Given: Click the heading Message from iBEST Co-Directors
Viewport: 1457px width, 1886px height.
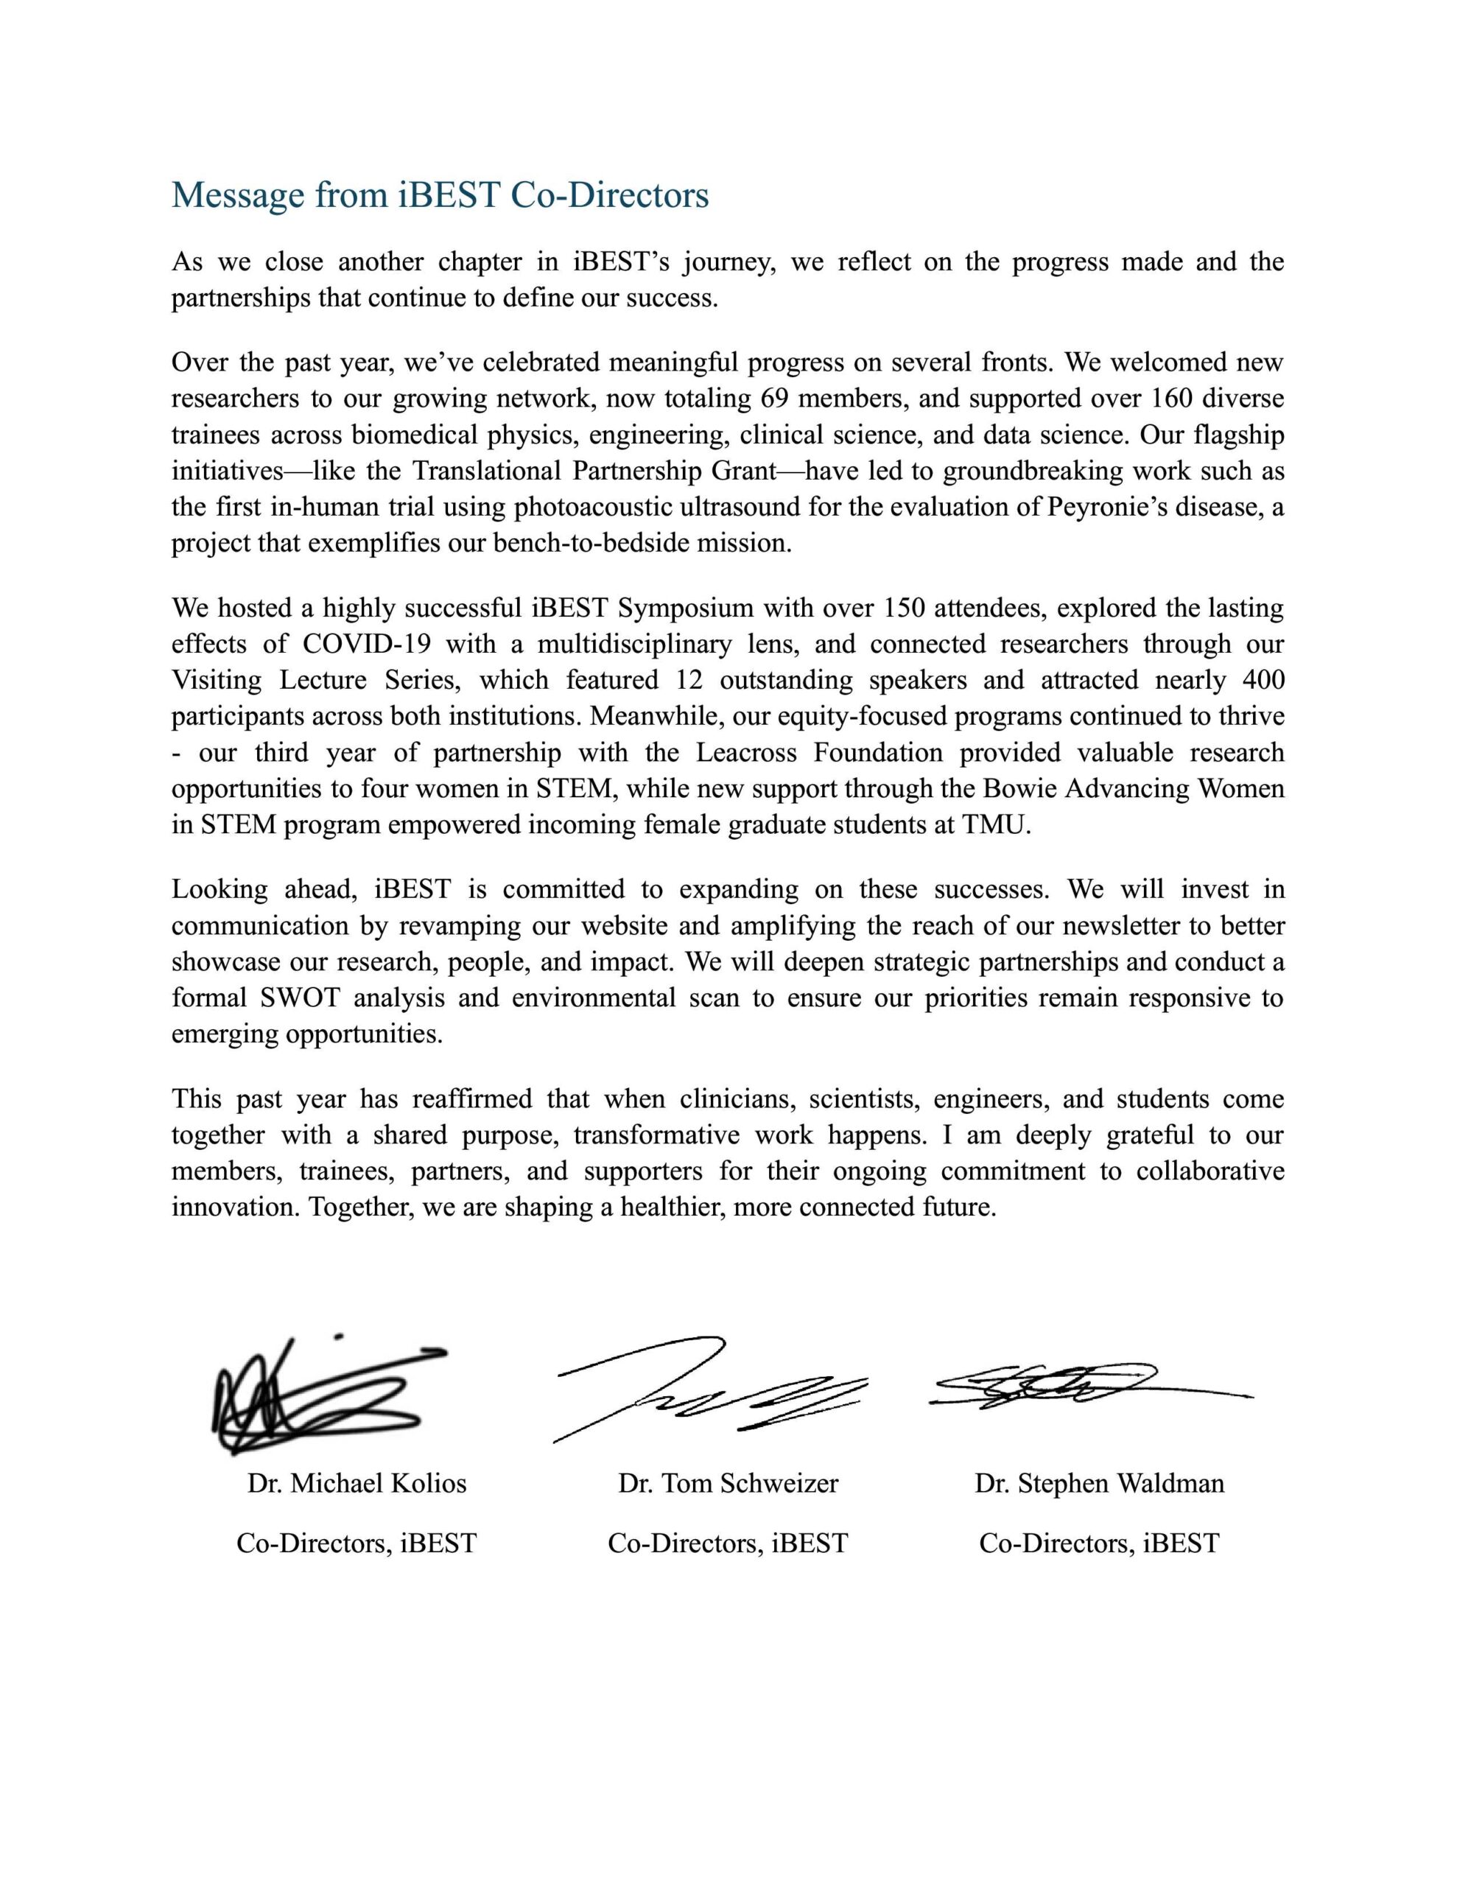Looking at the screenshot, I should point(440,195).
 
